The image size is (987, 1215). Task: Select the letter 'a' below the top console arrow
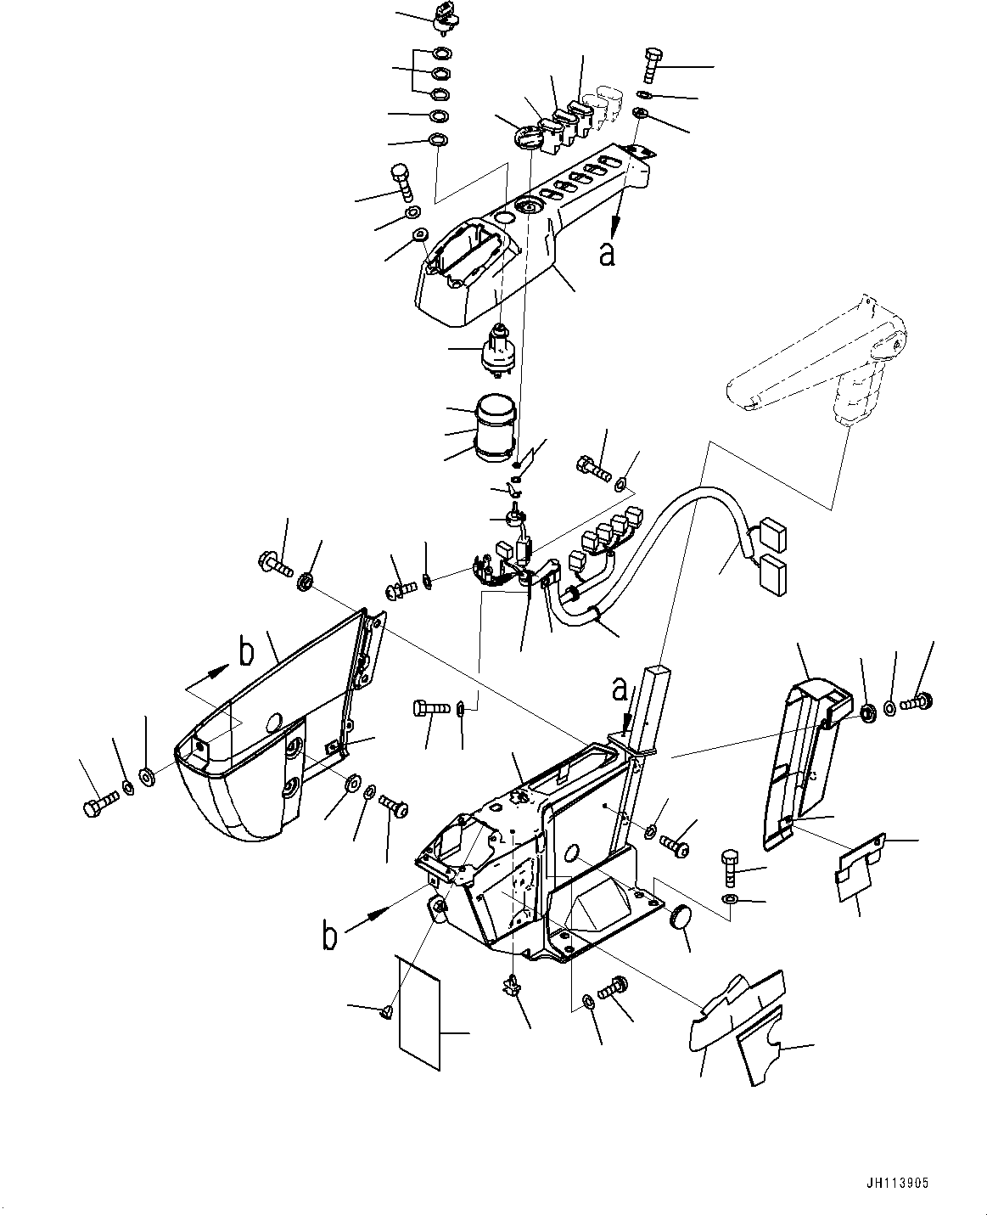pyautogui.click(x=607, y=254)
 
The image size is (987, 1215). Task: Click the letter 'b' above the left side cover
pyautogui.click(x=246, y=653)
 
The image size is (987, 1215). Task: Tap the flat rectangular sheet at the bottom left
pyautogui.click(x=419, y=1010)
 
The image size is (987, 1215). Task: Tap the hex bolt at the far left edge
pyautogui.click(x=96, y=807)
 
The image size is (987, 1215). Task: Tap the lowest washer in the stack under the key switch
pyautogui.click(x=439, y=140)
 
